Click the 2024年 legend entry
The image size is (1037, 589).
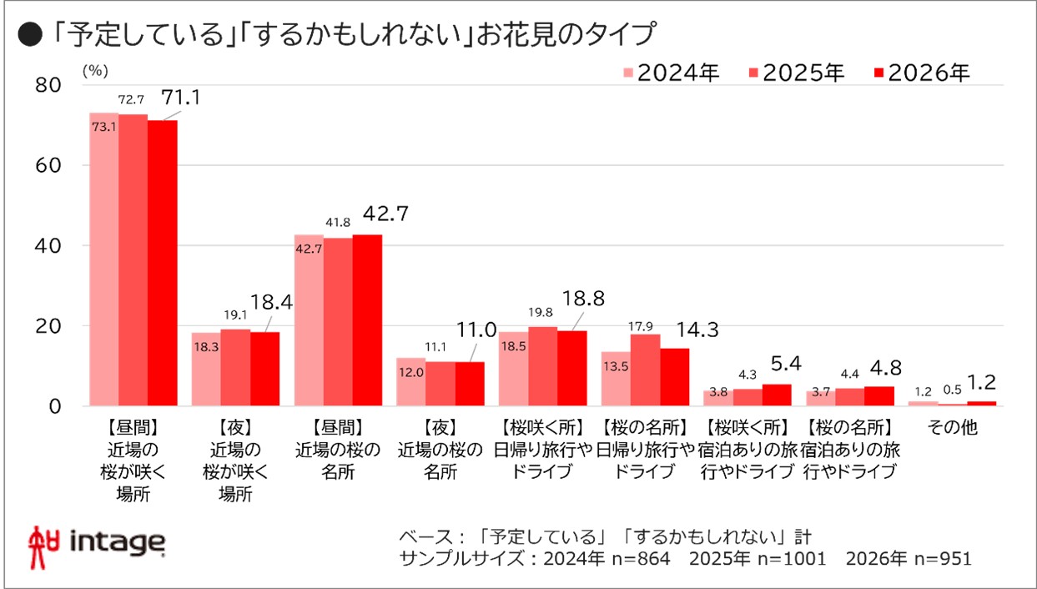[672, 73]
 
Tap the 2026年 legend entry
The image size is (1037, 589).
[921, 73]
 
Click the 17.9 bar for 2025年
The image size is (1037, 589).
[645, 370]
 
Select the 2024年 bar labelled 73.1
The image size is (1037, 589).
[103, 259]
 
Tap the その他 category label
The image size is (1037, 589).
[951, 426]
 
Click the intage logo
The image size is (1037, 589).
[97, 541]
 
